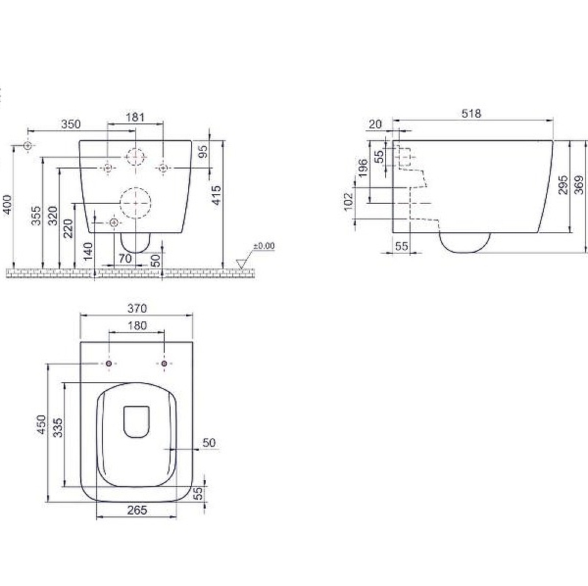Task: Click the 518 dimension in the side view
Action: coord(471,113)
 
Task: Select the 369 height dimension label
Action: coord(580,185)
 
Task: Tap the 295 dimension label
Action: coord(563,185)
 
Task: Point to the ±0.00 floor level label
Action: coord(264,246)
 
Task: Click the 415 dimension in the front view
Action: coord(216,195)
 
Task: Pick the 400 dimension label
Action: coord(8,205)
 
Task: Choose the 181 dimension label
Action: coord(135,117)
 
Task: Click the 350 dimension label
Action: coord(71,124)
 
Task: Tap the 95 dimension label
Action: coord(203,151)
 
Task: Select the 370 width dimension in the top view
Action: coord(137,308)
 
